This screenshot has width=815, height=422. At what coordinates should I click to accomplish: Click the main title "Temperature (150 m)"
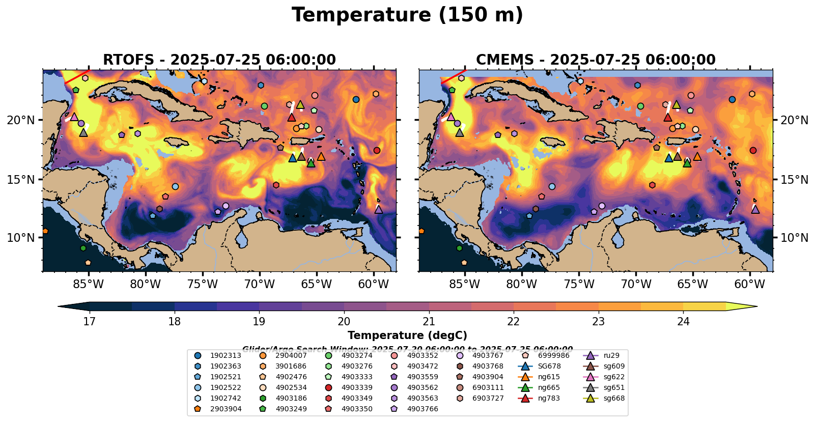[x=407, y=15]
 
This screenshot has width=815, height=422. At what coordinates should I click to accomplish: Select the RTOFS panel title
[x=219, y=60]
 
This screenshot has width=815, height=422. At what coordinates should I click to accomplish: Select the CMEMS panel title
[x=596, y=60]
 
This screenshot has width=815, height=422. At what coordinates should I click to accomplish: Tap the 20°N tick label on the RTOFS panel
[x=21, y=120]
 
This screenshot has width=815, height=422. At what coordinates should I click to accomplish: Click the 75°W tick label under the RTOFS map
[x=203, y=284]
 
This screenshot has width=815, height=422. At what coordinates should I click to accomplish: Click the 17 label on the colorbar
[x=90, y=321]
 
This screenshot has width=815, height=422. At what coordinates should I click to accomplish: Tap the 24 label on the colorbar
[x=683, y=321]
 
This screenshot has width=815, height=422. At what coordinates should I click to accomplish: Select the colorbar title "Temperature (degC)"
[x=407, y=335]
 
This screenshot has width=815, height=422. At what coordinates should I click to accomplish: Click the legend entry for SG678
[x=543, y=367]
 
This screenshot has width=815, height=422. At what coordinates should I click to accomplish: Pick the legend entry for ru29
[x=606, y=356]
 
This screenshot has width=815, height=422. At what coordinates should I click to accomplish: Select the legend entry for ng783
[x=543, y=399]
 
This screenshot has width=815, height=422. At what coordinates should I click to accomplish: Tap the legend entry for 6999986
[x=545, y=356]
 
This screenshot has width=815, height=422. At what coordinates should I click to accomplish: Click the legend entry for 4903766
[x=414, y=409]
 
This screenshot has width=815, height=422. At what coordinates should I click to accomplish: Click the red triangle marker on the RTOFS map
[x=292, y=118]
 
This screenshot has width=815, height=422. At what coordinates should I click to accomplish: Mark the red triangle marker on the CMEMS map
[x=668, y=118]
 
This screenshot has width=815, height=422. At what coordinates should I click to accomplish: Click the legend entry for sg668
[x=606, y=399]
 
